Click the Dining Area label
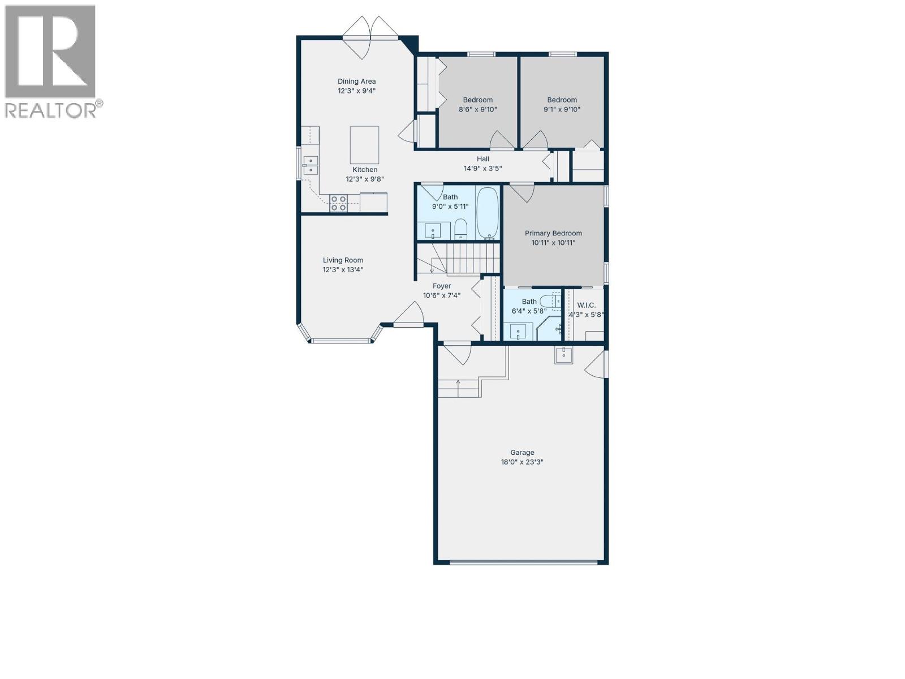click(x=356, y=81)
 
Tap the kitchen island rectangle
click(x=364, y=145)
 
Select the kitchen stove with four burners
click(x=339, y=203)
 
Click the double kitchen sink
click(x=311, y=165)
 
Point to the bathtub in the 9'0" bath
click(x=487, y=213)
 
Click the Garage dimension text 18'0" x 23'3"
click(x=522, y=462)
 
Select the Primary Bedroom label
click(x=553, y=233)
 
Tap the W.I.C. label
click(x=586, y=305)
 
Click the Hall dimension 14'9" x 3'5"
click(x=482, y=169)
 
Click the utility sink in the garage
click(x=563, y=355)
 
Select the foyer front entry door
click(x=409, y=317)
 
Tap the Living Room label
click(x=343, y=260)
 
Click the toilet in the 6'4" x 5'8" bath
click(x=549, y=301)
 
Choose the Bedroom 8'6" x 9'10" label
click(x=477, y=100)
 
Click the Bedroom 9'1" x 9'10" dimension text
click(x=562, y=110)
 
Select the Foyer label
click(x=442, y=286)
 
